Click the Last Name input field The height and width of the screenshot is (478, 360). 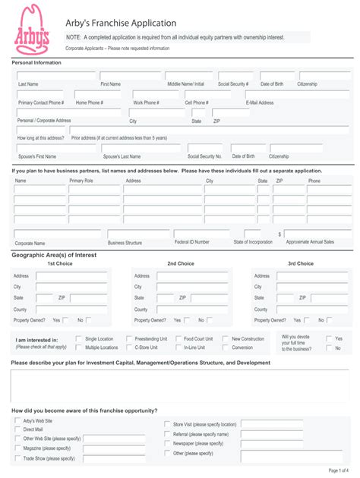55,76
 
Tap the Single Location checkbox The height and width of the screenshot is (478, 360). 79,338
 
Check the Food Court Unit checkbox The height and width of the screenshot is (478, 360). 178,338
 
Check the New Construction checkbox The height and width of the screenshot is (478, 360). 226,338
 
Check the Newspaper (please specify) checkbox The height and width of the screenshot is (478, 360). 167,443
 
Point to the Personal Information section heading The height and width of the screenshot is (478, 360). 36,62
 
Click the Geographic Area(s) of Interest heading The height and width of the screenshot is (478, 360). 54,255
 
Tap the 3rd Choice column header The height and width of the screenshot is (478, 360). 300,263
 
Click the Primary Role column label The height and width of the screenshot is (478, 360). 81,181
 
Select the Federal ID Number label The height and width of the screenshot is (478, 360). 191,242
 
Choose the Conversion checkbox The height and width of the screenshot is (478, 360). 226,347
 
